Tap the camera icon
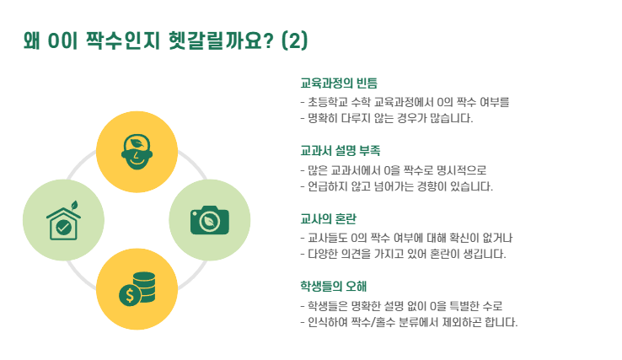210,220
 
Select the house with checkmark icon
63,221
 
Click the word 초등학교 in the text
331,102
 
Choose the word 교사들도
331,237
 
